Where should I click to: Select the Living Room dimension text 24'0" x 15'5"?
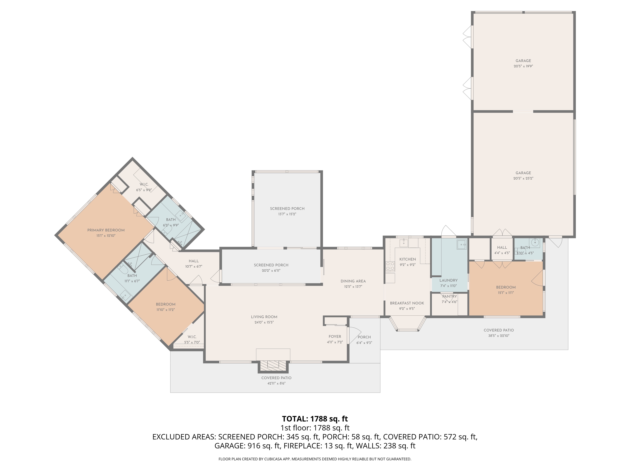(x=264, y=322)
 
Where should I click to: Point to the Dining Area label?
(x=353, y=281)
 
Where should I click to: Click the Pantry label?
(x=450, y=296)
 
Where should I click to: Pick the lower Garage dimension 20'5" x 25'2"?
(x=523, y=178)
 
